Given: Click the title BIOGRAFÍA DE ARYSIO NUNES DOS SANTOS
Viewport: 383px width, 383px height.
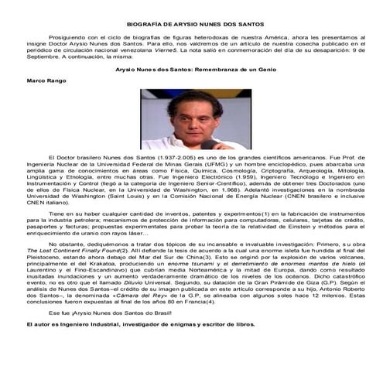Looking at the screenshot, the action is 191,24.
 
